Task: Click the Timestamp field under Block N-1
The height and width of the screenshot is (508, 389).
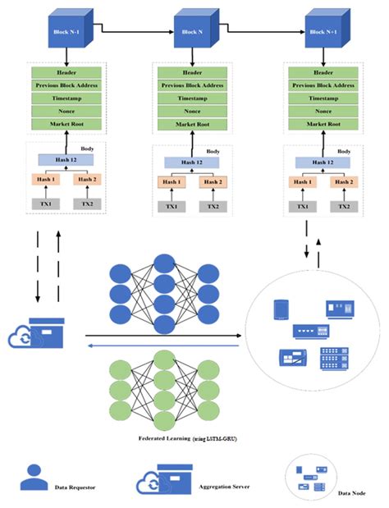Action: pos(68,97)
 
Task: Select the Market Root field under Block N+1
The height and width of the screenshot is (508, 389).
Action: pos(326,123)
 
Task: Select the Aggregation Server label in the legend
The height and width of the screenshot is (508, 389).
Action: pos(221,487)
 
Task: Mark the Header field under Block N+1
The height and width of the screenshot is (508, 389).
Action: pos(326,71)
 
